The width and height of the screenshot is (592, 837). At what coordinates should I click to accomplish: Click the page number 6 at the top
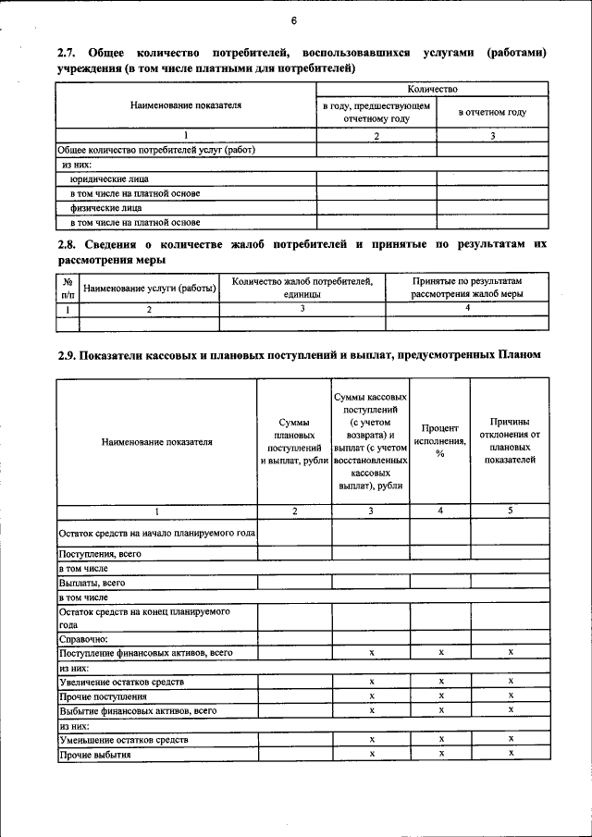click(293, 20)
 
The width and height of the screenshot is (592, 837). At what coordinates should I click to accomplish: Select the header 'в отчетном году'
click(492, 113)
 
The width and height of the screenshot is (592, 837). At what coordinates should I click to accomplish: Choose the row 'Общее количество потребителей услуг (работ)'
click(156, 150)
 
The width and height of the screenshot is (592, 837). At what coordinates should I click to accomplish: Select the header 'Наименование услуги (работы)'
click(149, 289)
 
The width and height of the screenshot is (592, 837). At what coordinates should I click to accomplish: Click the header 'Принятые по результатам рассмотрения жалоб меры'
click(467, 288)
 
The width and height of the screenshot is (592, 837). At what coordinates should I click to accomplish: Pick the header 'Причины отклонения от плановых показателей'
click(510, 440)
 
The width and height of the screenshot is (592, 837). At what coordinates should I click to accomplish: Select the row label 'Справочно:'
click(84, 638)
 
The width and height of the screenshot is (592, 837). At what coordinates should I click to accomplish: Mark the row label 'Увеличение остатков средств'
click(121, 682)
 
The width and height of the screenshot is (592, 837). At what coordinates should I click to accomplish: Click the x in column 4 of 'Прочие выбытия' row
click(441, 754)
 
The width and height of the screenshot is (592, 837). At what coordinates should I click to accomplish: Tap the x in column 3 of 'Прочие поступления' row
click(370, 695)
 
